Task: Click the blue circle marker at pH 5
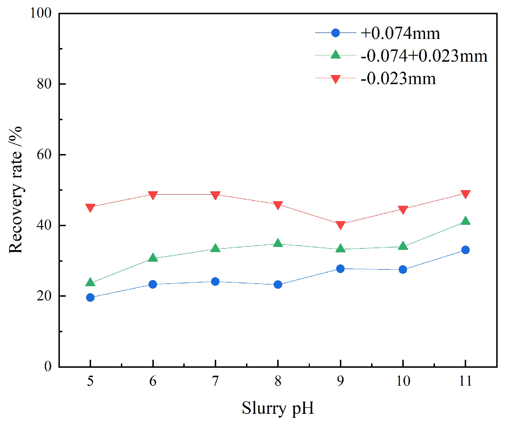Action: point(90,298)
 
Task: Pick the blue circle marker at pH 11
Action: point(465,250)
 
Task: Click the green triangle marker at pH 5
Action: point(90,282)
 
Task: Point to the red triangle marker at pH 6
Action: point(153,195)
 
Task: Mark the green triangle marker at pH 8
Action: point(278,243)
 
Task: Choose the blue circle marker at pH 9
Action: point(340,269)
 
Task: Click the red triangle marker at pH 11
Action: point(465,194)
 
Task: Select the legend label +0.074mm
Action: point(400,33)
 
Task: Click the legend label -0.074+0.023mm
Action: point(424,56)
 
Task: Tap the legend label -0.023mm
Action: point(398,78)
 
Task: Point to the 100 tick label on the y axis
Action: point(41,13)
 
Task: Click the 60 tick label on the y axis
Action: point(44,155)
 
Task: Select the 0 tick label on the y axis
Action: point(48,367)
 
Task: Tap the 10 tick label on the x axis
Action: point(403,381)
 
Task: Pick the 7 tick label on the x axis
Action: point(215,381)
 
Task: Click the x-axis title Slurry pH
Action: point(278,408)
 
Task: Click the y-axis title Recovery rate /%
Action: point(16,190)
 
